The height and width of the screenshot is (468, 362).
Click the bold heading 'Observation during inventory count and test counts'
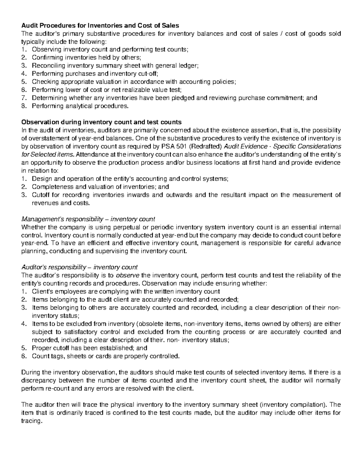101,122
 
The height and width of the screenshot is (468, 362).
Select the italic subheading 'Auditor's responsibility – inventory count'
80,267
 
